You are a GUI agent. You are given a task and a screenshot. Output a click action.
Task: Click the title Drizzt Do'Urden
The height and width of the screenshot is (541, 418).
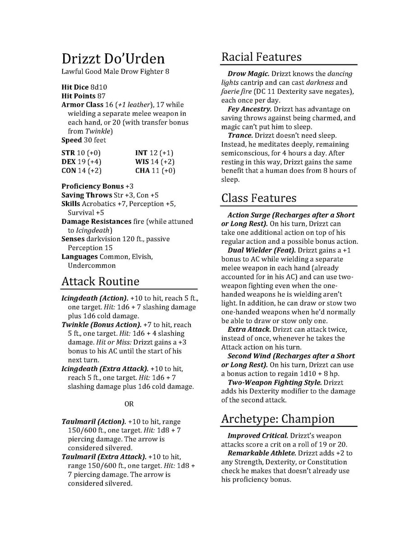[113, 59]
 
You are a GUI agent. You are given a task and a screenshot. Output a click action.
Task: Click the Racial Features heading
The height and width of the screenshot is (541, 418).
[261, 57]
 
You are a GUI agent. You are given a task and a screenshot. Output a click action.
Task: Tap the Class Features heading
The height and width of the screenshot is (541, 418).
[258, 198]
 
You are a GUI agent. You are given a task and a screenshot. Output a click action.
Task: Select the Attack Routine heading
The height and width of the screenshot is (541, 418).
[100, 282]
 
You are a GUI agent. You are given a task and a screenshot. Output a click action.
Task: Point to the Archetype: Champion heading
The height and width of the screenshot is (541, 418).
[278, 419]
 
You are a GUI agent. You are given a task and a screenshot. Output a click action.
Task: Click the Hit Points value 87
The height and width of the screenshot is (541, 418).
[101, 96]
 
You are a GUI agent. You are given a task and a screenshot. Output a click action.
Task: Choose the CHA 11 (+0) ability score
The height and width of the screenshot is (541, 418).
[155, 171]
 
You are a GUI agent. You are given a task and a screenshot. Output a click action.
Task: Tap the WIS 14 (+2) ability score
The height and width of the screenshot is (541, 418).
[155, 162]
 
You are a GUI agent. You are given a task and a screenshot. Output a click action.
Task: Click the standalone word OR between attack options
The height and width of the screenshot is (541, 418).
[129, 404]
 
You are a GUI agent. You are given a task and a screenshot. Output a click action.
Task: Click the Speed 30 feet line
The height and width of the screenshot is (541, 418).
[83, 140]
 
